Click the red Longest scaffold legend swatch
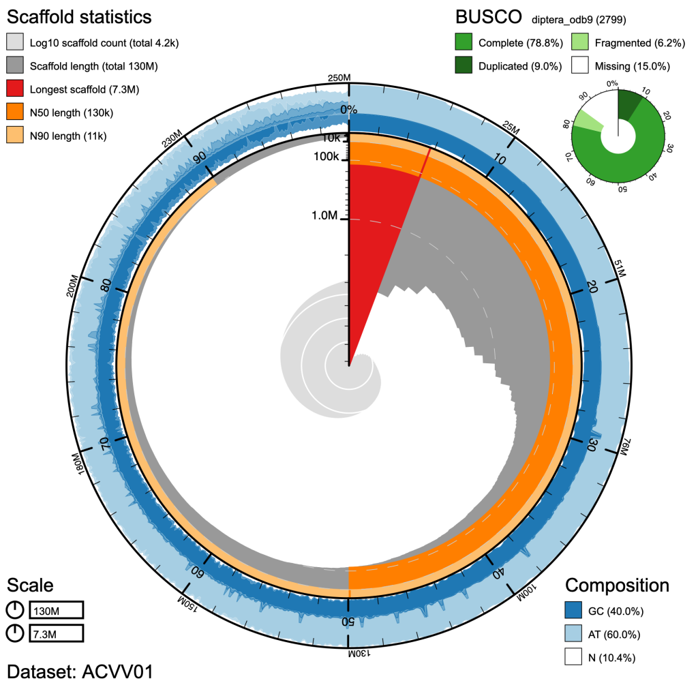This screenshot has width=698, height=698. (x=16, y=90)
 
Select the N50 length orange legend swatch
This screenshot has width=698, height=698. (x=16, y=113)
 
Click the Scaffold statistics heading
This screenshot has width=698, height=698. (x=79, y=16)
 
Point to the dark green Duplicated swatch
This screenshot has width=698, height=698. (x=465, y=66)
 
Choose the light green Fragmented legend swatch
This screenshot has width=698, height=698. (x=581, y=43)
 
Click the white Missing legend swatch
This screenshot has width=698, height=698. (x=581, y=66)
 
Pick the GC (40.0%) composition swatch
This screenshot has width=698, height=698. (x=575, y=611)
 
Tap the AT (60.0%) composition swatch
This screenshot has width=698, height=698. (x=575, y=635)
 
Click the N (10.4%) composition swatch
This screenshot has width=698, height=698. (x=575, y=658)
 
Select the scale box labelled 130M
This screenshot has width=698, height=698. (x=56, y=610)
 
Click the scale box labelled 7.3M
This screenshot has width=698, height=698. (x=56, y=634)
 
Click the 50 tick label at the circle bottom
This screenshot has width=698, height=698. (x=348, y=621)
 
